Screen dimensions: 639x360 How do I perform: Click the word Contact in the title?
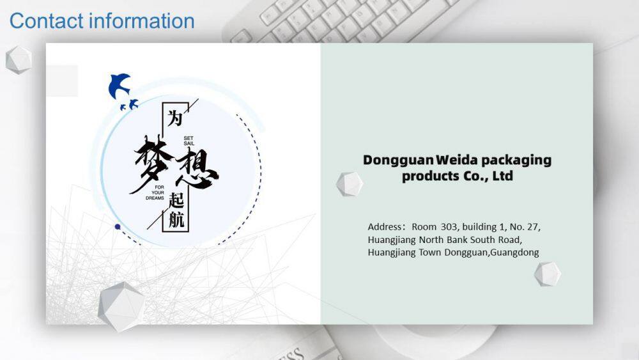pyautogui.click(x=46, y=21)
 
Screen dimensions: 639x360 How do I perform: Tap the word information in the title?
pyautogui.click(x=142, y=21)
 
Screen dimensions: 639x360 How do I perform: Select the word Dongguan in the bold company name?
pyautogui.click(x=398, y=160)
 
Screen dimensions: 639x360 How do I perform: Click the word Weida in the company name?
pyautogui.click(x=456, y=160)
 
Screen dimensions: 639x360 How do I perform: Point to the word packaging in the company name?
pyautogui.click(x=515, y=160)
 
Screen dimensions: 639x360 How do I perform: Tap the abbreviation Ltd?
pyautogui.click(x=502, y=176)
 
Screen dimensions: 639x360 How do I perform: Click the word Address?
pyautogui.click(x=384, y=227)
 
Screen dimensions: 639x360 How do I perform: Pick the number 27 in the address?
pyautogui.click(x=533, y=227)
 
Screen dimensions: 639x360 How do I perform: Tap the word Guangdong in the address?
pyautogui.click(x=514, y=253)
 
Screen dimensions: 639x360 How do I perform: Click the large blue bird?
pyautogui.click(x=119, y=86)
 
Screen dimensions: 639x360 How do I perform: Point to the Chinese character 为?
pyautogui.click(x=175, y=118)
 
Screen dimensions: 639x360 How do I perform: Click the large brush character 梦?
pyautogui.click(x=151, y=163)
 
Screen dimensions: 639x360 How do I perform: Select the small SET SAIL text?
pyautogui.click(x=189, y=141)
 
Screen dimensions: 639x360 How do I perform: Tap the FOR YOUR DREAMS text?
pyautogui.click(x=155, y=192)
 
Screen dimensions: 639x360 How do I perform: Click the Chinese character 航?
pyautogui.click(x=176, y=220)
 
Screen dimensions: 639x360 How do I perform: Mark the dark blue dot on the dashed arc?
pyautogui.click(x=118, y=227)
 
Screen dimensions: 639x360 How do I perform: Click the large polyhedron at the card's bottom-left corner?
pyautogui.click(x=121, y=306)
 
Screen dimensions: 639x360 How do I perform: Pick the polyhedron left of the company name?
pyautogui.click(x=350, y=184)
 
